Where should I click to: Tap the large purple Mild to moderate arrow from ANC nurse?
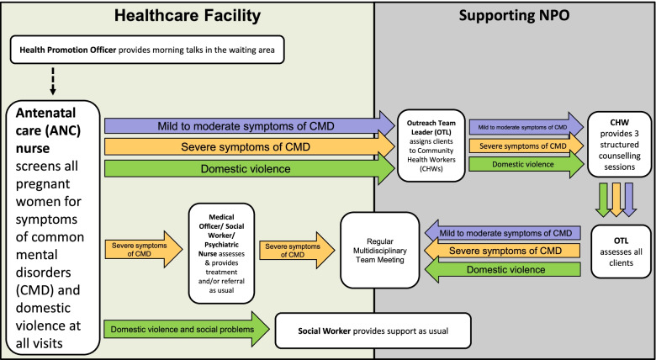249,125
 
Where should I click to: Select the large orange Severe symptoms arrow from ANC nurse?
249,148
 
